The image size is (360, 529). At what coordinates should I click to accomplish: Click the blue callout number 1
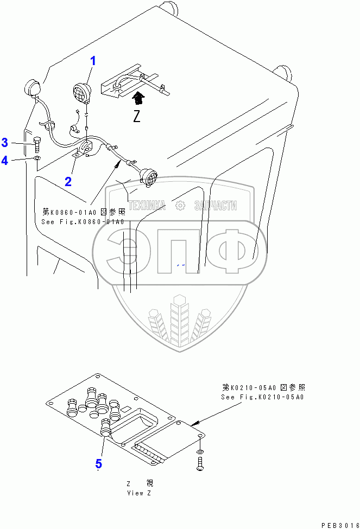(93, 61)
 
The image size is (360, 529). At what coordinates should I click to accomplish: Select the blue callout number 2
(68, 182)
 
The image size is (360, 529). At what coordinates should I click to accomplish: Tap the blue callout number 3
(4, 143)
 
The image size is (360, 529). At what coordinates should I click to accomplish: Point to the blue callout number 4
(4, 160)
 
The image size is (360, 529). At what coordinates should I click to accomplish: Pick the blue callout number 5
(98, 464)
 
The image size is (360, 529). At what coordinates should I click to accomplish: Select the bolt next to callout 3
(36, 144)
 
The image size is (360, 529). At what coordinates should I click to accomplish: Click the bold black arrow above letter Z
(139, 98)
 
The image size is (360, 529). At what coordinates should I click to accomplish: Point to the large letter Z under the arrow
(137, 116)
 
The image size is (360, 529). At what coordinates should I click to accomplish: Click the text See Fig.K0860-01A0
(83, 222)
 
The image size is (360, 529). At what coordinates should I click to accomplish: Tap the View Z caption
(135, 493)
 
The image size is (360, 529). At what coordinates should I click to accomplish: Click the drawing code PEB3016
(339, 526)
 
